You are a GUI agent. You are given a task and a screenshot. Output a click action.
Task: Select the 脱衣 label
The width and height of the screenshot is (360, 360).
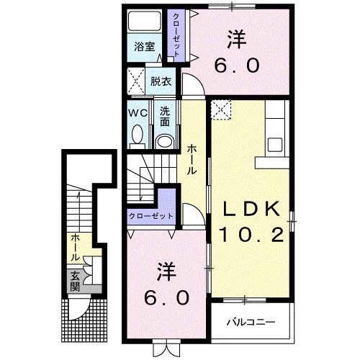[161, 81]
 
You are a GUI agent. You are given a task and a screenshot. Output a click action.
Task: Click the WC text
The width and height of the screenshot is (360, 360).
[138, 113]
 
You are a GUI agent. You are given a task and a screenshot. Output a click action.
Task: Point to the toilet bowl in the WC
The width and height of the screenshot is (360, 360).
[138, 135]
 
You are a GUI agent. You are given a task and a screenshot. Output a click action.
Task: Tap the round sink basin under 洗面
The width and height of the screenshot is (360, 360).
[165, 140]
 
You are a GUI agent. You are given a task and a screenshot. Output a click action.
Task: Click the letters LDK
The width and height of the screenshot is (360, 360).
[251, 210]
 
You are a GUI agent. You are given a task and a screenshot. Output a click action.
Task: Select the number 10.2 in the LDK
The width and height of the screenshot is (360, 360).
[251, 235]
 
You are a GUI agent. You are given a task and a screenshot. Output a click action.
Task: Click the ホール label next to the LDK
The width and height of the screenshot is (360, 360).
[192, 158]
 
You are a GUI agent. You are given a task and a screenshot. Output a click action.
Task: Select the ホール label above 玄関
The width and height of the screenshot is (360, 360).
[74, 247]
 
